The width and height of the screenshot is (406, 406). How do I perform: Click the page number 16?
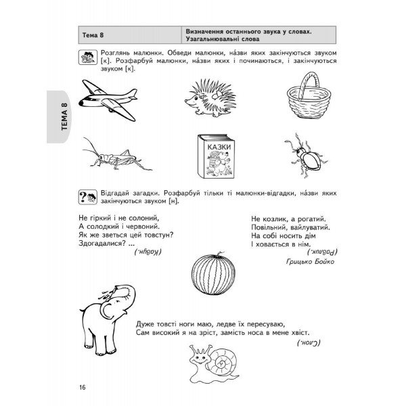click(x=82, y=386)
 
